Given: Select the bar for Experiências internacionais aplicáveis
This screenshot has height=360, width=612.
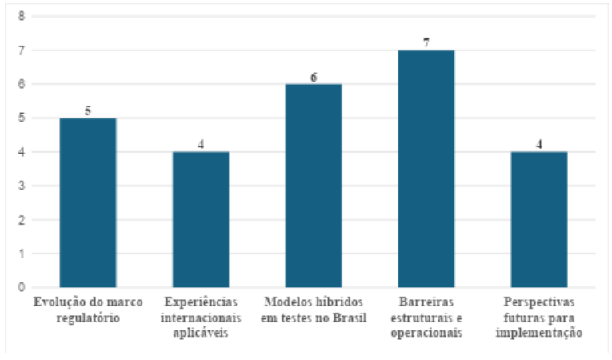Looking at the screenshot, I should click(201, 219).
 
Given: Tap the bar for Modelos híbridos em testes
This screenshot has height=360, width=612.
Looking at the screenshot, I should click(314, 186).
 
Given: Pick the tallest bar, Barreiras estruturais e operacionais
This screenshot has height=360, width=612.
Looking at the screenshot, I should click(426, 169).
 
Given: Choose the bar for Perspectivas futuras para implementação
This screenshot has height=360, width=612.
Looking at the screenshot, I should click(539, 219).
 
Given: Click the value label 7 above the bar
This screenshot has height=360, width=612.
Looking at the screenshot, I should click(426, 42).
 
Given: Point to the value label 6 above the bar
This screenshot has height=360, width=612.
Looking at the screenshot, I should click(314, 77).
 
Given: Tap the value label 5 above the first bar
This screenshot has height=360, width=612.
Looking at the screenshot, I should click(88, 110).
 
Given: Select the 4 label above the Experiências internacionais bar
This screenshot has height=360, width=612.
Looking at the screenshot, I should click(201, 145).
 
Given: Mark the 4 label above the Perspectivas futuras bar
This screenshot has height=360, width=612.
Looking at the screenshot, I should click(539, 145).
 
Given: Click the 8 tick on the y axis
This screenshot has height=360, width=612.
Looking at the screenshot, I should click(21, 16).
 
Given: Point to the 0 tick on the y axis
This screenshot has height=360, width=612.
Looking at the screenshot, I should click(21, 287).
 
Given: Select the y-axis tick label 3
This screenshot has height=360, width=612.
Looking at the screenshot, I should click(21, 186).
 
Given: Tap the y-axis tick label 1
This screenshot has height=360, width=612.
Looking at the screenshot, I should click(21, 254).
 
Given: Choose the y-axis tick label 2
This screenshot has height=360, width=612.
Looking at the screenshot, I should click(21, 220).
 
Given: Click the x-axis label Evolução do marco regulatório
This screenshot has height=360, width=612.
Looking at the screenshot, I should click(88, 310).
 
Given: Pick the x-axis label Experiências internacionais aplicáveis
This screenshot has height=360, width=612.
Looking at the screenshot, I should click(201, 318).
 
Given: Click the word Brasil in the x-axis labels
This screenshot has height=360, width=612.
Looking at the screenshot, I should click(349, 318).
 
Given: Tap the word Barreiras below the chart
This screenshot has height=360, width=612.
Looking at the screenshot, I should click(426, 303).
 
